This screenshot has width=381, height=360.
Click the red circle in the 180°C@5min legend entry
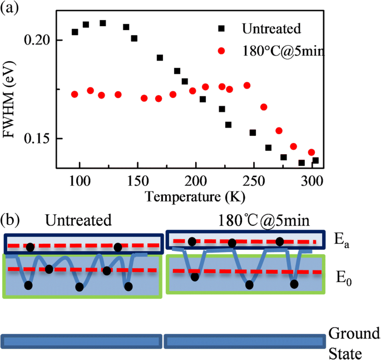221,51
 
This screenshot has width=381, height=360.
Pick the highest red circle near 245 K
247,85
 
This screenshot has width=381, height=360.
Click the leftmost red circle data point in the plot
75,94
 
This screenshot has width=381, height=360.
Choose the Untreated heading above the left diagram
78,220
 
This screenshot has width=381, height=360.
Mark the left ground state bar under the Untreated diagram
82,340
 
